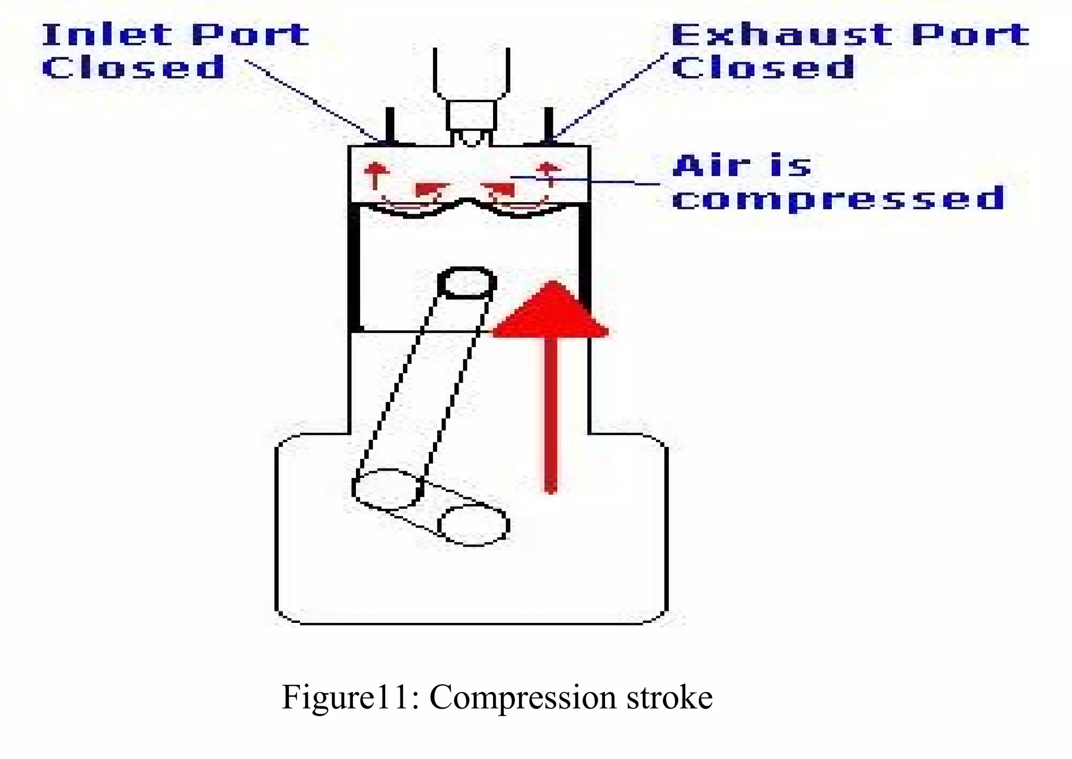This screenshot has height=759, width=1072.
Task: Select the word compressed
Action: pyautogui.click(x=838, y=199)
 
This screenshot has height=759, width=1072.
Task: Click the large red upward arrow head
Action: pyautogui.click(x=551, y=311)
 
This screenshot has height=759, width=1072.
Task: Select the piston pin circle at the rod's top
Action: pyautogui.click(x=467, y=283)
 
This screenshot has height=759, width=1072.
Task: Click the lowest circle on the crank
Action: pyautogui.click(x=473, y=525)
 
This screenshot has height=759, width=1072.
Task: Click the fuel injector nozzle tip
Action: pyautogui.click(x=471, y=139)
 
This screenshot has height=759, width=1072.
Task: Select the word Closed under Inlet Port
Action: pyautogui.click(x=133, y=68)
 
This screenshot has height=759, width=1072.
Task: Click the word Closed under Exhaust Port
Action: pyautogui.click(x=763, y=68)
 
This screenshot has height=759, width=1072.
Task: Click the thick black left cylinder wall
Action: pyautogui.click(x=354, y=267)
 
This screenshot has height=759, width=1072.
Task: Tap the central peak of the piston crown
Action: pyautogui.click(x=469, y=202)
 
